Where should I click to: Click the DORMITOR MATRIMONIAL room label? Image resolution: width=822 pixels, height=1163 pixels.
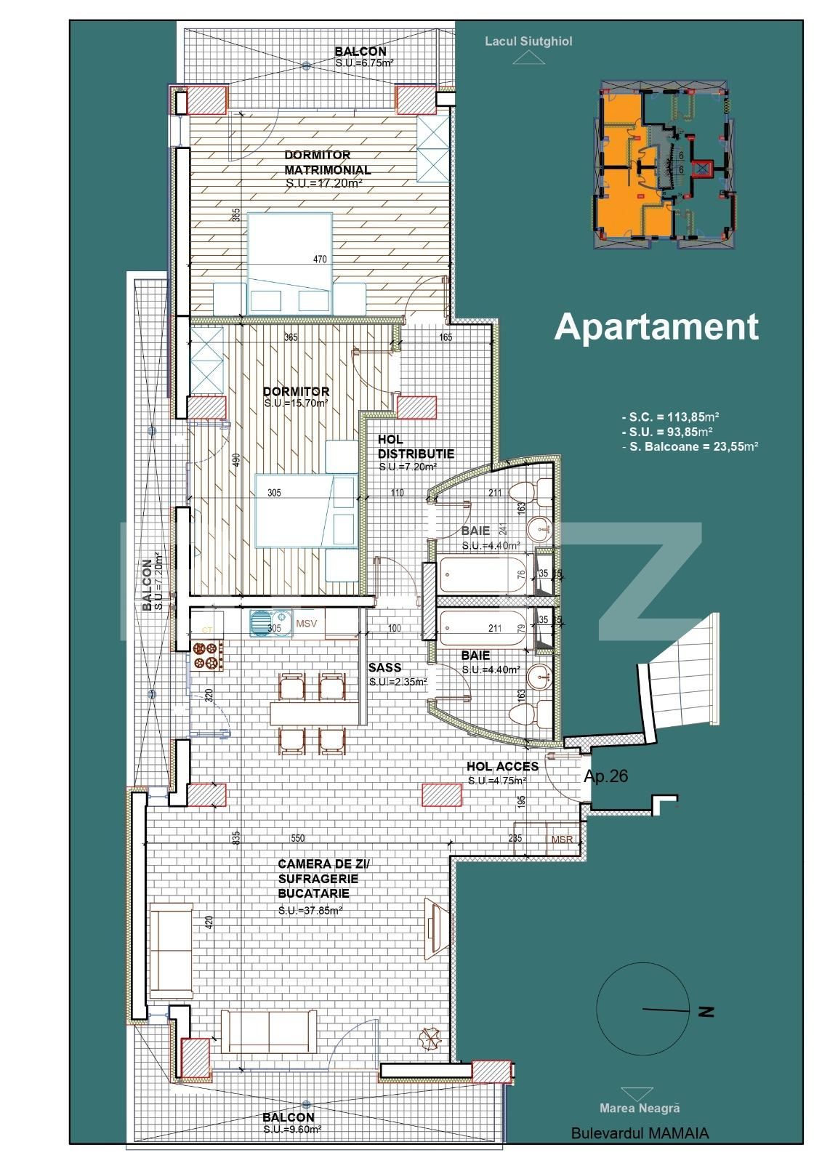pyautogui.click(x=327, y=162)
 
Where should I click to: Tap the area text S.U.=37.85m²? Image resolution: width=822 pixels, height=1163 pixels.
pyautogui.click(x=310, y=910)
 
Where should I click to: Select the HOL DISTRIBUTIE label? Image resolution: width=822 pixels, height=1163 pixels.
pyautogui.click(x=415, y=446)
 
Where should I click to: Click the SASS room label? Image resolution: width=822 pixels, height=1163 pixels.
pyautogui.click(x=384, y=667)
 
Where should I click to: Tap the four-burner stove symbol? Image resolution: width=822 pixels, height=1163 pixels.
pyautogui.click(x=206, y=654)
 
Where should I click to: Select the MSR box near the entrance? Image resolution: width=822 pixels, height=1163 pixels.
pyautogui.click(x=562, y=840)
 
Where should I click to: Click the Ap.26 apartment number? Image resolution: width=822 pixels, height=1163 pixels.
pyautogui.click(x=605, y=776)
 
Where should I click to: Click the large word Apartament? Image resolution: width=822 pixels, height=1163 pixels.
pyautogui.click(x=656, y=326)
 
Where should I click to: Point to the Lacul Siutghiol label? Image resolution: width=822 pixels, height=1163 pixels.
pyautogui.click(x=528, y=41)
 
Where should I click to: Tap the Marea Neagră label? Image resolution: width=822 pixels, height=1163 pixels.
pyautogui.click(x=640, y=1108)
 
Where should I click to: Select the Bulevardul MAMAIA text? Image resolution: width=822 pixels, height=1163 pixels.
pyautogui.click(x=640, y=1133)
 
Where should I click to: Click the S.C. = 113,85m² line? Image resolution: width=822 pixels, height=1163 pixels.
pyautogui.click(x=670, y=417)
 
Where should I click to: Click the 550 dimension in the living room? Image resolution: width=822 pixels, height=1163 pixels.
pyautogui.click(x=298, y=838)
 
